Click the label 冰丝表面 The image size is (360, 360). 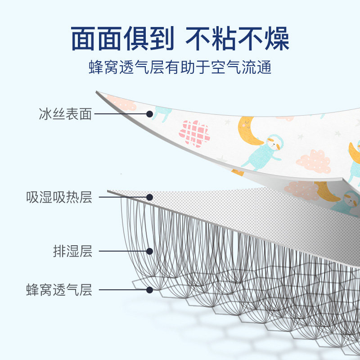point(65,114)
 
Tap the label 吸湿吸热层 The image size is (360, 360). point(59,197)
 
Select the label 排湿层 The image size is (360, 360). point(72,251)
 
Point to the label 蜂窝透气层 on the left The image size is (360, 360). point(59,290)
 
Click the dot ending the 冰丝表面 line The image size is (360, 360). point(149,114)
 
